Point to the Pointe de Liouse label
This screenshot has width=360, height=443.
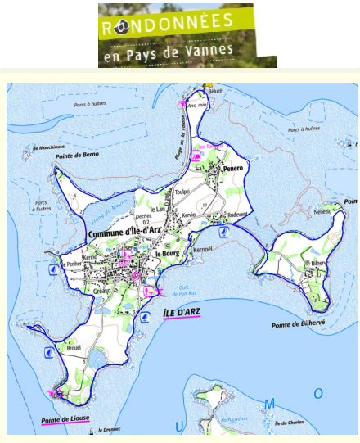[x=63, y=421]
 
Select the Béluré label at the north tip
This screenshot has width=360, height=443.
[x=215, y=92]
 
